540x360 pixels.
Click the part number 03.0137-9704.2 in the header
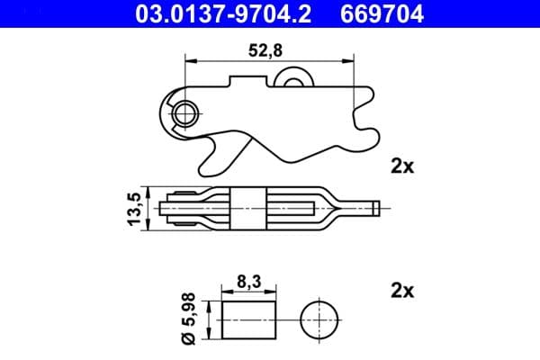click(x=214, y=13)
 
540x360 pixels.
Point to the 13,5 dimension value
click(x=135, y=209)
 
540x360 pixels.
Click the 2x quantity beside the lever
click(x=401, y=166)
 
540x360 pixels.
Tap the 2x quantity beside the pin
click(x=401, y=291)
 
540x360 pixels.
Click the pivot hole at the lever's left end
click(x=185, y=112)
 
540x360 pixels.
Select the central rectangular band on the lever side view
click(x=250, y=208)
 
